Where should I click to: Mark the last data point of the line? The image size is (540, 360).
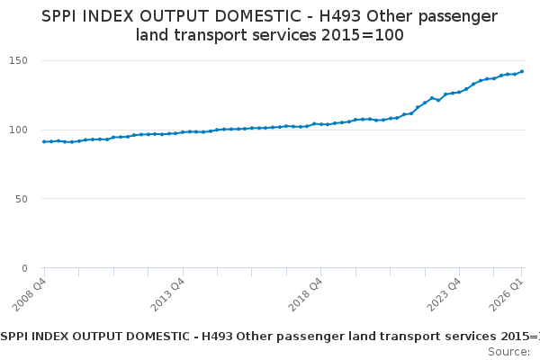coord(522,71)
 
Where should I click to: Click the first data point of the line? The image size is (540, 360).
coord(44,141)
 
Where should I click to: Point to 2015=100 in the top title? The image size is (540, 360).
coord(364,36)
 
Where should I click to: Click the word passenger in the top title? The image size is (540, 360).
coord(455,16)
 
